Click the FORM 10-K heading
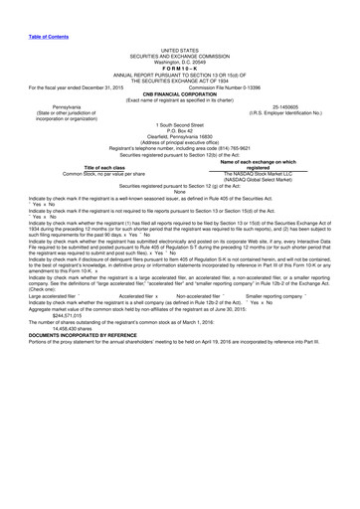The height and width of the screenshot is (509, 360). point(180,67)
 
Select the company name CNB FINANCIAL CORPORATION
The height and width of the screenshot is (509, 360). point(180,86)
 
